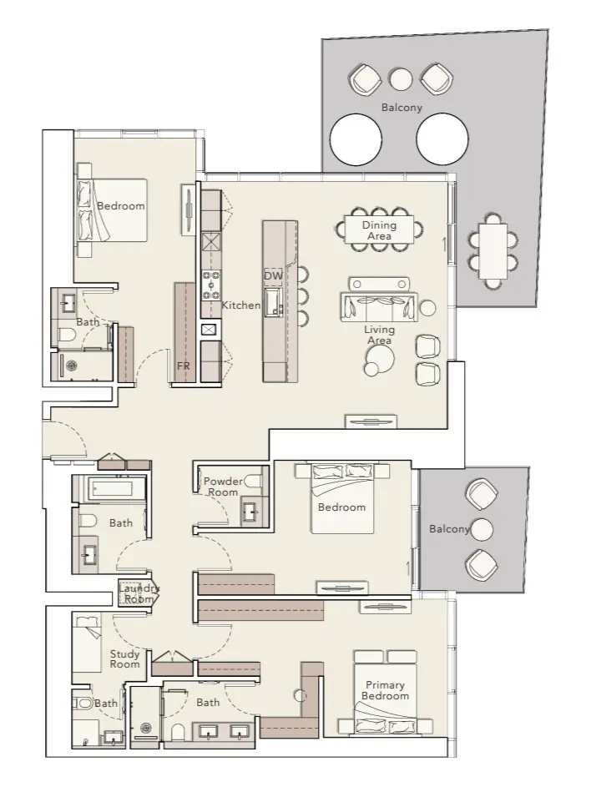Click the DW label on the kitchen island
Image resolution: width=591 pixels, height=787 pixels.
(273, 275)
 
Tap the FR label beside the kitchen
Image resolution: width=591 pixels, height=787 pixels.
(184, 366)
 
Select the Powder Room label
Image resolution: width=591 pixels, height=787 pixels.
(224, 487)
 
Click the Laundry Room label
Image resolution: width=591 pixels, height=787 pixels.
(139, 593)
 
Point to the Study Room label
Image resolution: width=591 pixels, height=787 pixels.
(124, 659)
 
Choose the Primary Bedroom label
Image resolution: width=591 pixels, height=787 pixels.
(385, 690)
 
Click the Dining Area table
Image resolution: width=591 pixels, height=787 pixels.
(379, 230)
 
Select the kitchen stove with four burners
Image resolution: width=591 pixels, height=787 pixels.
(211, 285)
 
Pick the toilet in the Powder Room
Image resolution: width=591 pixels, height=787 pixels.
(253, 481)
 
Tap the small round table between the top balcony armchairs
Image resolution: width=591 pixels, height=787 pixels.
(402, 78)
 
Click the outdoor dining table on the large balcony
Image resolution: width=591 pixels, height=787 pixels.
(492, 251)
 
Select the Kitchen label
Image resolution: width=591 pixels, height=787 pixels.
(241, 305)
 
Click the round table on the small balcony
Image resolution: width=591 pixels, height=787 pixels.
(481, 529)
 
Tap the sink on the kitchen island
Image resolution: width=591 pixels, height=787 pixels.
(274, 301)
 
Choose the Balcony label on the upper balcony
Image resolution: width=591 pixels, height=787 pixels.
(402, 108)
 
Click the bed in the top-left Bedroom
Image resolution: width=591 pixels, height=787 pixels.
(113, 210)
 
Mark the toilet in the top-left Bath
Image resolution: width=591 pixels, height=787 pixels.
(67, 335)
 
